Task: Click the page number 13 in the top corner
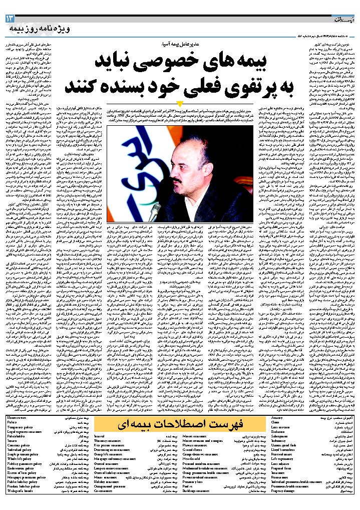pyautogui.click(x=11, y=19)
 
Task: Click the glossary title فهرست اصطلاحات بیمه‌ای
pyautogui.click(x=180, y=424)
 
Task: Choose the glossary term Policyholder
pyautogui.click(x=18, y=436)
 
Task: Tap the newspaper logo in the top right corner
pyautogui.click(x=343, y=19)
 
